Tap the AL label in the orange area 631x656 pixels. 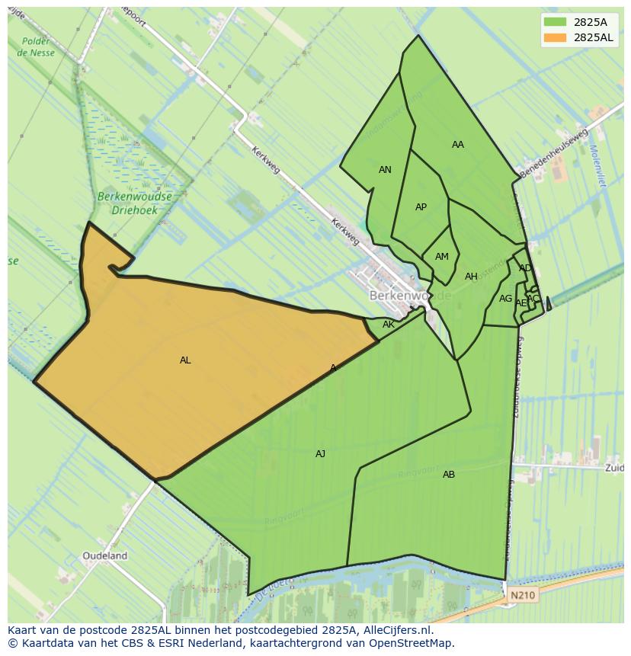pyautogui.click(x=185, y=360)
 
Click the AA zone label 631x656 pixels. pyautogui.click(x=457, y=145)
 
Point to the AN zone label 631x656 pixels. pyautogui.click(x=385, y=170)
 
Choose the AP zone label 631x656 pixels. pyautogui.click(x=421, y=207)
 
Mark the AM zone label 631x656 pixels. pyautogui.click(x=442, y=257)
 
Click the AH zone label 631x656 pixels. pyautogui.click(x=471, y=277)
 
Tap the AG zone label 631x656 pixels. pyautogui.click(x=505, y=299)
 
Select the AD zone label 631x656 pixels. pyautogui.click(x=525, y=268)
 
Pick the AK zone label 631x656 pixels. pyautogui.click(x=389, y=325)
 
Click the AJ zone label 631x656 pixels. pyautogui.click(x=320, y=454)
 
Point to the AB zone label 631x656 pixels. pyautogui.click(x=449, y=475)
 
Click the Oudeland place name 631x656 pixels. pyautogui.click(x=105, y=556)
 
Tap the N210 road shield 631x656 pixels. pyautogui.click(x=523, y=595)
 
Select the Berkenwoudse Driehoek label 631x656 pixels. pyautogui.click(x=135, y=202)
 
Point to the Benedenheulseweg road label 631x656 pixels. pyautogui.click(x=554, y=153)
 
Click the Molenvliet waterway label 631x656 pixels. pyautogui.click(x=597, y=165)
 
